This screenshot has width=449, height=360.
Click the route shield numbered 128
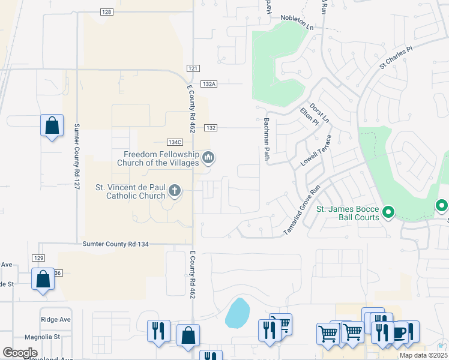(x=106, y=12)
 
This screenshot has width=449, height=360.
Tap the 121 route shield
(x=193, y=69)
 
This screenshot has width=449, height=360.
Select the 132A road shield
(x=209, y=85)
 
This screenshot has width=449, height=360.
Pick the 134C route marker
(x=175, y=142)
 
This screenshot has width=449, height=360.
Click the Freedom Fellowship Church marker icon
(x=208, y=158)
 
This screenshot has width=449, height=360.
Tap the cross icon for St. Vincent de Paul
(x=175, y=191)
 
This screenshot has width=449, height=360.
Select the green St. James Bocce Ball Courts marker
(x=388, y=212)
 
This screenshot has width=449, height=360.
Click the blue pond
(x=238, y=314)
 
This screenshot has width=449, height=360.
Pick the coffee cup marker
(x=399, y=332)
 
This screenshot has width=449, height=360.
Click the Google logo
(x=20, y=353)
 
